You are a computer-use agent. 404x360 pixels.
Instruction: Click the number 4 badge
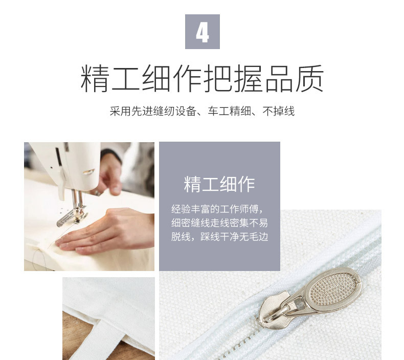202,32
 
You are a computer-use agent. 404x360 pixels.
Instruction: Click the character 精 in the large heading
95,78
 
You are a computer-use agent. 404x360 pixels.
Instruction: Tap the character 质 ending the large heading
309,78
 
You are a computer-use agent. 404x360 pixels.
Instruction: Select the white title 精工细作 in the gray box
219,184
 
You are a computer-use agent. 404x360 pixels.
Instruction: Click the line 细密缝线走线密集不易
219,223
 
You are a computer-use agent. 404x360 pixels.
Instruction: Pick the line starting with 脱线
219,237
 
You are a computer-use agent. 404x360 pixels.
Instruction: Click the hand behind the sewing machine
110,174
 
